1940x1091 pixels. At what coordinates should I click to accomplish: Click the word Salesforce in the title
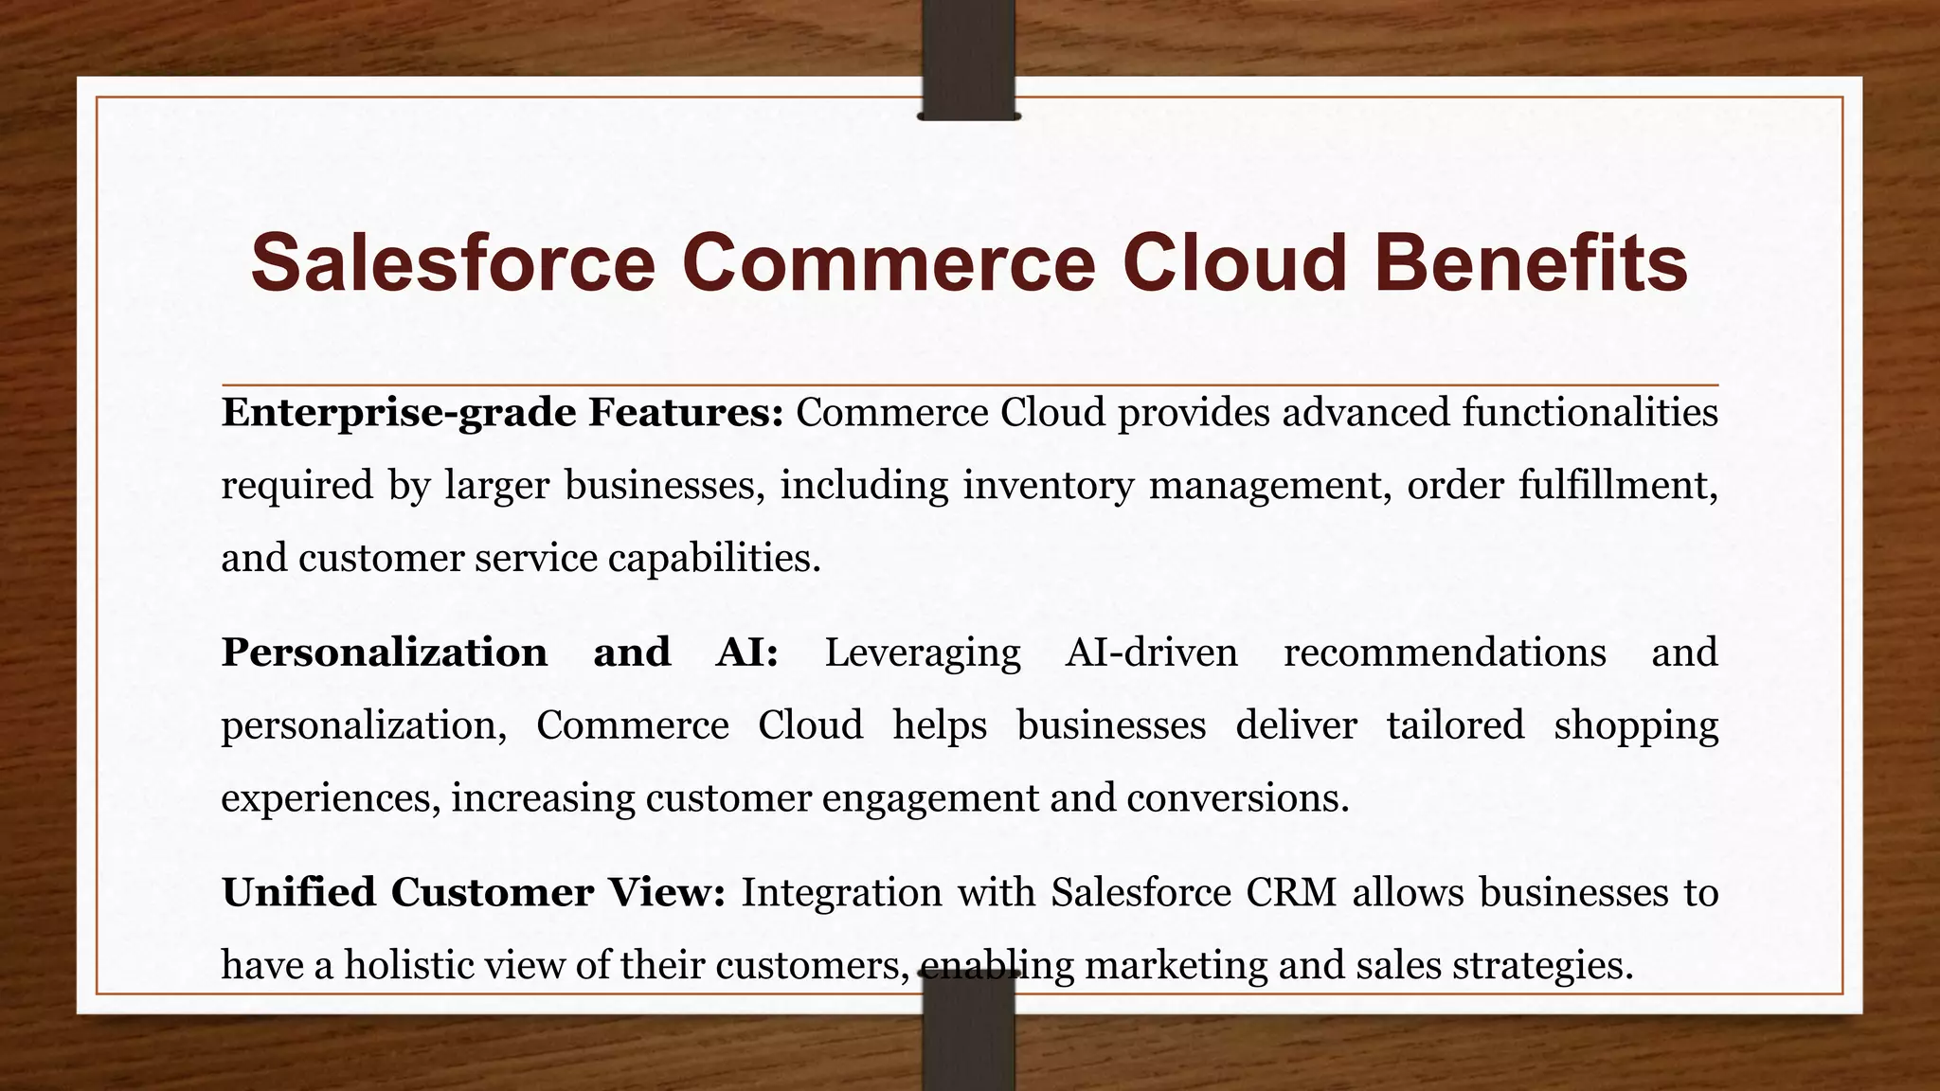(453, 262)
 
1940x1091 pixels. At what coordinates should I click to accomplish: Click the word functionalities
(1589, 413)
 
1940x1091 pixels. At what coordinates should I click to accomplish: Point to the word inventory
(1048, 485)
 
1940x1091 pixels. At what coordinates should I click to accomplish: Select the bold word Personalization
(384, 653)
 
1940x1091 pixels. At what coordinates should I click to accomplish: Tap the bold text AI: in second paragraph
(746, 653)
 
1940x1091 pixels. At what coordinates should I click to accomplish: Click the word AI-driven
(1151, 653)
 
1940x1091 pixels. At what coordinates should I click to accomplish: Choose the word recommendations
(1444, 653)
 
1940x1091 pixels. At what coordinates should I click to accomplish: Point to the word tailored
(1455, 725)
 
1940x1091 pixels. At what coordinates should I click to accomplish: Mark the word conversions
(1237, 797)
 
